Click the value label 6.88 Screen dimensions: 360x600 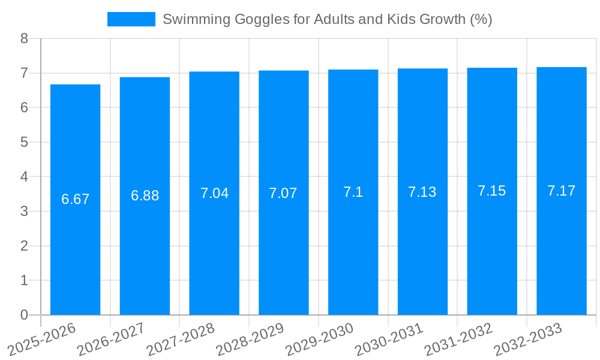145,196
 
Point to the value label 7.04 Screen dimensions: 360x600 214,193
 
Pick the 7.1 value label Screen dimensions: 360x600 353,192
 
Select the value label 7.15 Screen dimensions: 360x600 492,191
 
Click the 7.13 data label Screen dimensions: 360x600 422,192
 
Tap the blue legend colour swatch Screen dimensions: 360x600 131,19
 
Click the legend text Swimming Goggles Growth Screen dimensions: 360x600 327,19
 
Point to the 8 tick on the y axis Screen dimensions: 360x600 24,38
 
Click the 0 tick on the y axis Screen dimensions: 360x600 24,315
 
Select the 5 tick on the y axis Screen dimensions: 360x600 24,142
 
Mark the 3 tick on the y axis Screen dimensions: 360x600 24,211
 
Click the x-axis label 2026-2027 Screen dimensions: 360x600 111,339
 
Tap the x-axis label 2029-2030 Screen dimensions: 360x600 319,339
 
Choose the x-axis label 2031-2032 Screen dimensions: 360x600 458,339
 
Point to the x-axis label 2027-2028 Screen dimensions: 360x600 180,339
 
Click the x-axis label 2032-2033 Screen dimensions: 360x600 528,339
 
